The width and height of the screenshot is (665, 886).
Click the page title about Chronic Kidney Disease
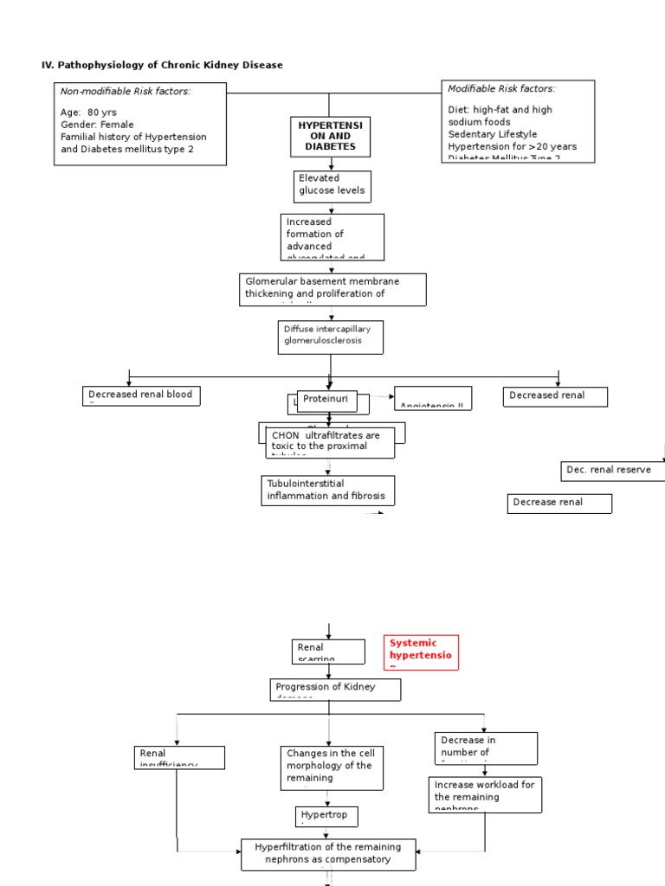(163, 65)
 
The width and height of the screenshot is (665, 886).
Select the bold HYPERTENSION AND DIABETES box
(331, 137)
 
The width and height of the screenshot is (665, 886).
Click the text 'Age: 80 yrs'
(88, 112)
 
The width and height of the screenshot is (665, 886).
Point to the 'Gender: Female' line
(97, 125)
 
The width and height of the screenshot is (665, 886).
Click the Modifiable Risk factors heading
(501, 88)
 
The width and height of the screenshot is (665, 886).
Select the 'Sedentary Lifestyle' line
(492, 134)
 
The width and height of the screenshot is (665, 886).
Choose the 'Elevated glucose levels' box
(332, 184)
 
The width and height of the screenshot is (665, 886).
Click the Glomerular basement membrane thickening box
(332, 289)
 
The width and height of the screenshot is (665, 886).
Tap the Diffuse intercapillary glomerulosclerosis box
(329, 336)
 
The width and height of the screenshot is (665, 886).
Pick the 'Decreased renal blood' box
(141, 396)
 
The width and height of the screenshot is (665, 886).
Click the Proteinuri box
(326, 400)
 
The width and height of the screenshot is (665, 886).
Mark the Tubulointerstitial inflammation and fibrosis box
(328, 490)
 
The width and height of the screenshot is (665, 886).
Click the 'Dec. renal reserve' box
(614, 470)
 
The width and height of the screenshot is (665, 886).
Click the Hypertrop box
(326, 816)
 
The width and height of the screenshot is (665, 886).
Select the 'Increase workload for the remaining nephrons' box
(485, 794)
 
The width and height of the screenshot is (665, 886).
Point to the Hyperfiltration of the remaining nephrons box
(328, 854)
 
